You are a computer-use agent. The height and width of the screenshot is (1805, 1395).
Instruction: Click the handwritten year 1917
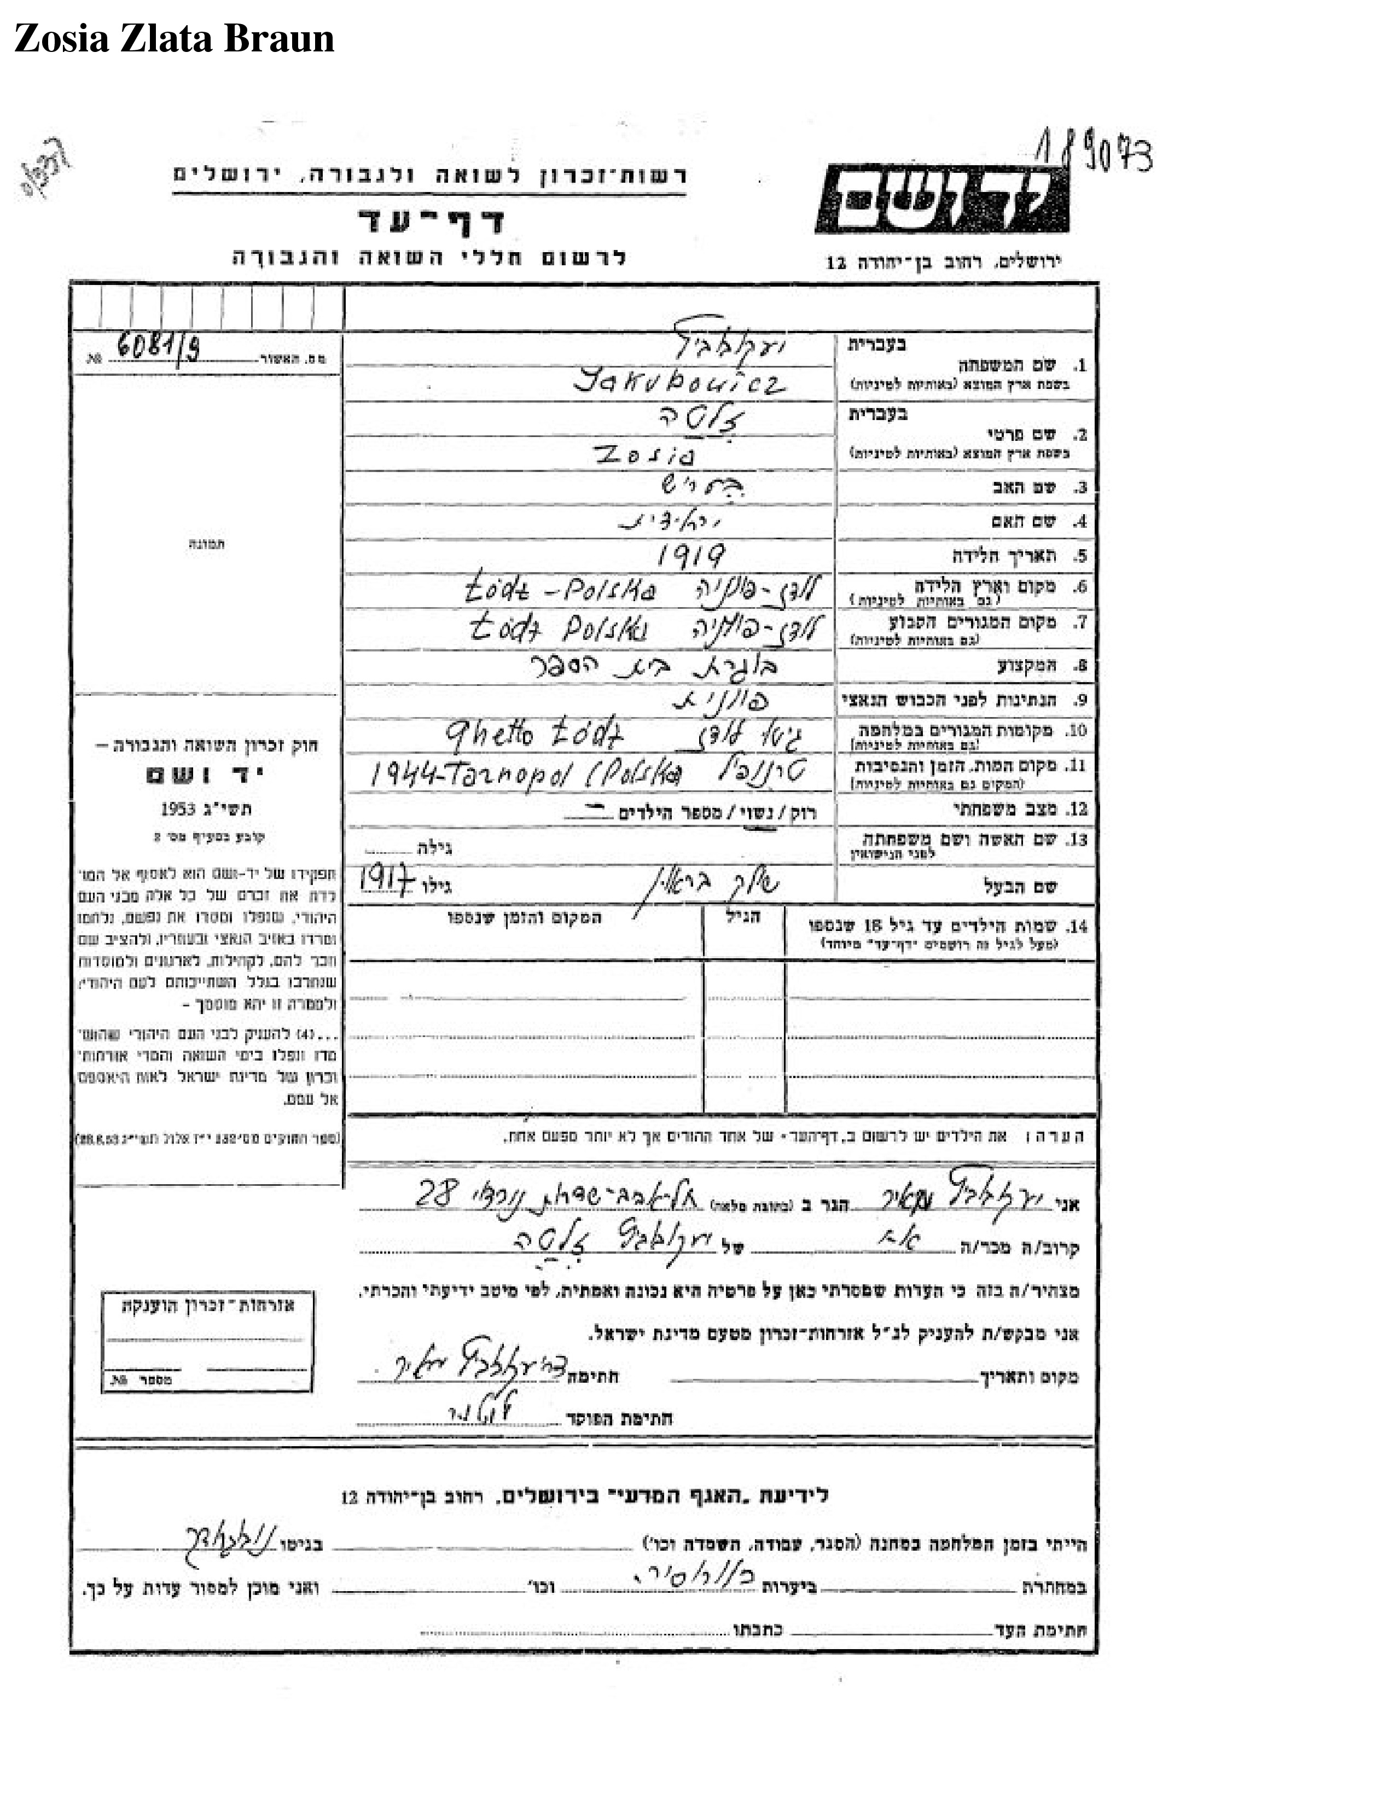tap(386, 883)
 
